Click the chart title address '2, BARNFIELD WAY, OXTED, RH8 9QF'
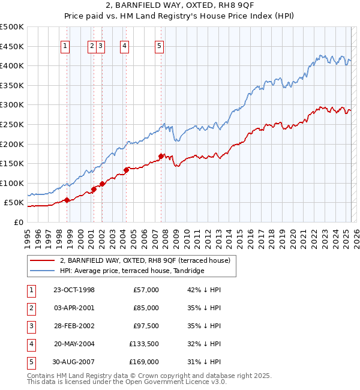pos(179,7)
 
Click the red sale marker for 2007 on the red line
pos(161,156)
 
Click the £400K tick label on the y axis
pos(12,65)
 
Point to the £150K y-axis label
pos(12,163)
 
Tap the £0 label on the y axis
pos(17,222)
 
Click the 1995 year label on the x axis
pos(28,236)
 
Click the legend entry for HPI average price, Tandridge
pos(132,271)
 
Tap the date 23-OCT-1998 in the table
pos(74,290)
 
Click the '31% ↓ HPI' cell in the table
pos(204,362)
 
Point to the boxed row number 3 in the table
pos(30,326)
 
